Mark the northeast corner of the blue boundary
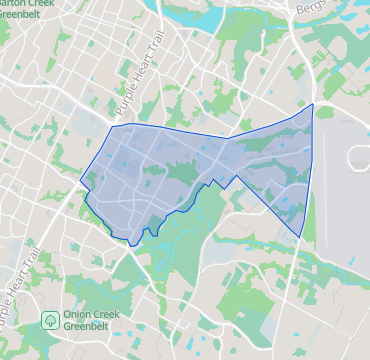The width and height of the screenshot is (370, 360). [313, 104]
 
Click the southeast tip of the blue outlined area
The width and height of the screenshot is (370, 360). [301, 236]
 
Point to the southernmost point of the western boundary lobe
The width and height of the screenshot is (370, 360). [134, 245]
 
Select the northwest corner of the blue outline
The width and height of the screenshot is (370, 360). [111, 127]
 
